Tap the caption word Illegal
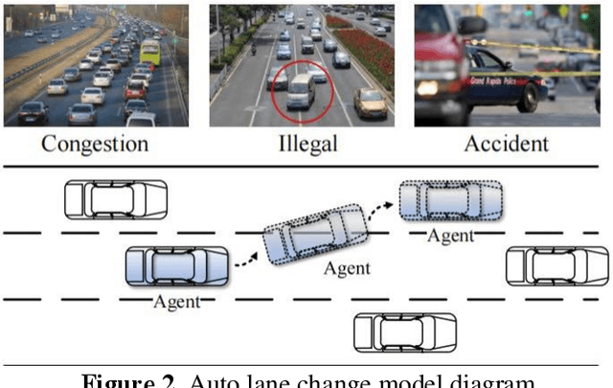[x=306, y=145]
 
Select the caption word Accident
[x=506, y=145]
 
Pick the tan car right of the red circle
[x=370, y=101]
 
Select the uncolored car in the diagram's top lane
[x=116, y=199]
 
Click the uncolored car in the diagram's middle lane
[x=556, y=265]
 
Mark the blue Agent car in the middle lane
[x=177, y=266]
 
